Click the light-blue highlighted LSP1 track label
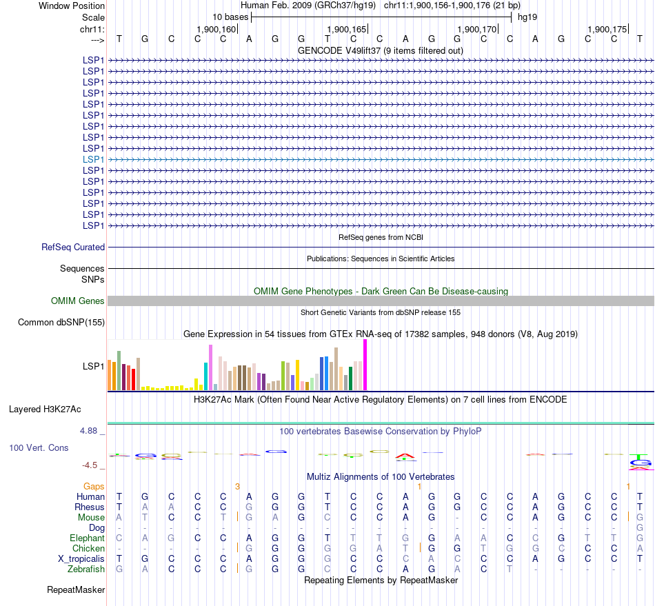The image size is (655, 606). tap(93, 159)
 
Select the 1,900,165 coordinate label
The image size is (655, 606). tap(347, 29)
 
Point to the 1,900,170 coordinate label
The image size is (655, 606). tap(477, 29)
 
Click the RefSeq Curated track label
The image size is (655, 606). tap(73, 247)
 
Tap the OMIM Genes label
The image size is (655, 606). tap(78, 301)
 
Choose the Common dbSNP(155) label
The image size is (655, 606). tap(61, 322)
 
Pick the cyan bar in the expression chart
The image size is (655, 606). tap(205, 376)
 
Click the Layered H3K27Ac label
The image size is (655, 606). tap(45, 409)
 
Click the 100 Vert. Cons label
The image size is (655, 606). tap(39, 447)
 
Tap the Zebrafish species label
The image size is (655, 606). tap(86, 569)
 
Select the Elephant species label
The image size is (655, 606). tap(87, 538)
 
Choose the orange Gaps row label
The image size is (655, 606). tap(94, 486)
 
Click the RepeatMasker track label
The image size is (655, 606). tap(76, 590)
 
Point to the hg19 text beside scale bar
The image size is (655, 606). tap(527, 17)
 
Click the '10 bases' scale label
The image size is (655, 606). tap(230, 17)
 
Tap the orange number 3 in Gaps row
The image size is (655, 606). tap(237, 486)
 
